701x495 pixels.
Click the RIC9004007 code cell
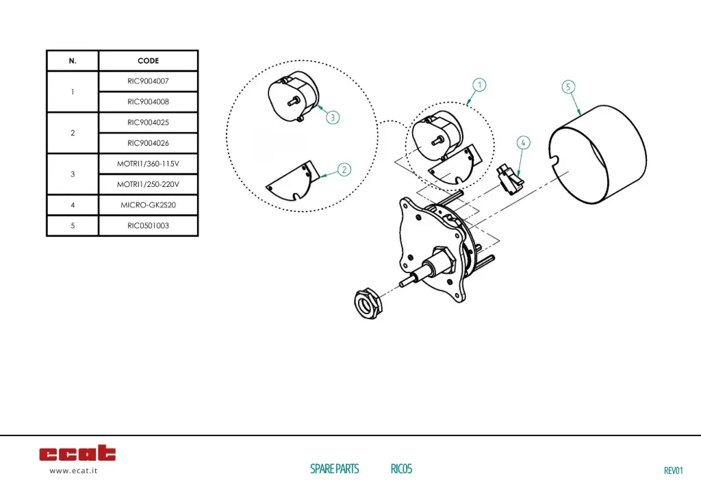[x=148, y=81]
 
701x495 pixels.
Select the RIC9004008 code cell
[x=148, y=101]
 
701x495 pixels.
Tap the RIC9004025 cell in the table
[x=148, y=123]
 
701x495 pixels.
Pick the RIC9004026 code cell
[x=148, y=143]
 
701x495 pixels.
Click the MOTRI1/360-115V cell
[x=148, y=164]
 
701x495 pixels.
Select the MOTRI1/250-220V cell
[x=148, y=184]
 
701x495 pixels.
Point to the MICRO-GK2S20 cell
[x=148, y=205]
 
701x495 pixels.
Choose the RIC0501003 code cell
[x=148, y=225]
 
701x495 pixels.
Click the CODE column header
[x=148, y=61]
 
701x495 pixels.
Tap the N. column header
[x=73, y=61]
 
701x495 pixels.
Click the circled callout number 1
[x=480, y=85]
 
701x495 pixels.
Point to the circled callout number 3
[x=332, y=117]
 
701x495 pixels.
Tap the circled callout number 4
[x=523, y=143]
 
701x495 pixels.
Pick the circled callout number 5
[x=569, y=87]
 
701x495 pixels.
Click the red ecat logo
[x=77, y=453]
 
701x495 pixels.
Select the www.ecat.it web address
[x=73, y=471]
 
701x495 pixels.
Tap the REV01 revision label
[x=674, y=470]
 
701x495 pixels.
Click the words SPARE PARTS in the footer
[x=334, y=469]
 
